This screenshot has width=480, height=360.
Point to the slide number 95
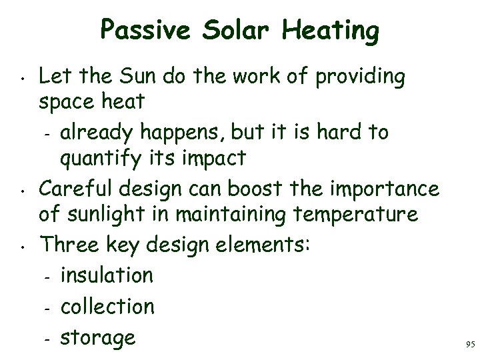[x=469, y=345]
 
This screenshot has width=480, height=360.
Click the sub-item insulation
[x=107, y=275]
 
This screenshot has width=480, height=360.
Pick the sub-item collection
[x=107, y=307]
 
